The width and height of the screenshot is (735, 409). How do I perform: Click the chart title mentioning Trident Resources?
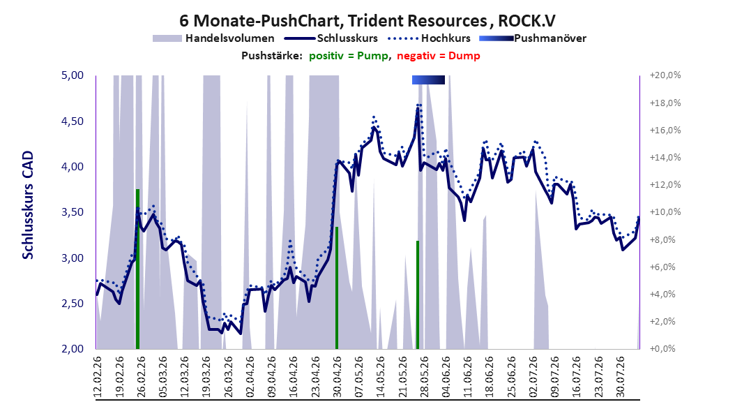[x=367, y=21]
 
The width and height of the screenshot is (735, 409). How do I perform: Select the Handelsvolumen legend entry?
[x=214, y=38]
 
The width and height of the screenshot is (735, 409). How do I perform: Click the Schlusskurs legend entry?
[x=331, y=38]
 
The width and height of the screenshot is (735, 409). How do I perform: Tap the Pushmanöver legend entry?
[x=533, y=38]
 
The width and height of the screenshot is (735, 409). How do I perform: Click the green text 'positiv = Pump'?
[x=349, y=56]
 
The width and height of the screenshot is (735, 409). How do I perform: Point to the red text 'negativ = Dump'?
[x=439, y=56]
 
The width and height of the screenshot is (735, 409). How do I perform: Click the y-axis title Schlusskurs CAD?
[x=28, y=204]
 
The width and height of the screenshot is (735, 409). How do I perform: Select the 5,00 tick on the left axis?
[x=73, y=75]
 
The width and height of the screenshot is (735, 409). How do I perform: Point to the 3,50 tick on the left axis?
[x=73, y=212]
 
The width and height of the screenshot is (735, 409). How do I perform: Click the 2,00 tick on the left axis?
[x=73, y=348]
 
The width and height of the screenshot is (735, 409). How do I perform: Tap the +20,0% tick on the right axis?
[x=665, y=75]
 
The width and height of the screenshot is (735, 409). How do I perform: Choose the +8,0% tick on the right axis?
[x=665, y=239]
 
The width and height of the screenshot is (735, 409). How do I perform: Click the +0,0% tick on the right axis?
[x=665, y=348]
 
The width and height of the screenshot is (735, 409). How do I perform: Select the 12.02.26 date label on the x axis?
[x=98, y=377]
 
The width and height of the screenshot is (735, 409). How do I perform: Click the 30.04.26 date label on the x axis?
[x=337, y=377]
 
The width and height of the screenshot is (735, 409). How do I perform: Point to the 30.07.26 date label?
[x=620, y=377]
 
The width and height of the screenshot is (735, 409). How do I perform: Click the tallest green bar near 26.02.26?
[x=138, y=269]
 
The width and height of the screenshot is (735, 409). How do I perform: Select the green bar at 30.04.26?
[x=337, y=288]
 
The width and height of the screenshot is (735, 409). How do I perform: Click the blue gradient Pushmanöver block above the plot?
[x=428, y=80]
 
